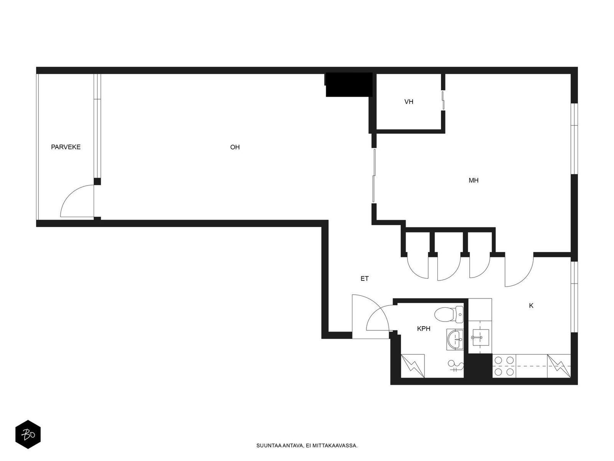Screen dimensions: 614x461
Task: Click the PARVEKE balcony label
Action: click(66, 147)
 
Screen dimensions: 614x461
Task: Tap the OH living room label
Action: click(235, 147)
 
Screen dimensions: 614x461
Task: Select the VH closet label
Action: click(409, 101)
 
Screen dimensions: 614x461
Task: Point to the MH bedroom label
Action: click(474, 180)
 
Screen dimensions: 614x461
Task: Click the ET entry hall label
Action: click(365, 279)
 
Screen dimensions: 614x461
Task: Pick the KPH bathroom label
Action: click(424, 328)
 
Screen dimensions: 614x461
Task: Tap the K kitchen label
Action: click(531, 306)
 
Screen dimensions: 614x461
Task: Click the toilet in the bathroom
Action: click(449, 314)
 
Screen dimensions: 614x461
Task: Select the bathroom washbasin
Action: click(455, 340)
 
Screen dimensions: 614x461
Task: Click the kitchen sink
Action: click(480, 338)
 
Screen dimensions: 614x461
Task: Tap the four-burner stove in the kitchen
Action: click(504, 366)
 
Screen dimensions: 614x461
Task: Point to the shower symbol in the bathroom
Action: click(456, 366)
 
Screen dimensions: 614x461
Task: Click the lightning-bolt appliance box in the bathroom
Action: click(413, 366)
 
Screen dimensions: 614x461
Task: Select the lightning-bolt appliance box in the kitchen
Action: click(559, 366)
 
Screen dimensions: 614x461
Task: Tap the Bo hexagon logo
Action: click(28, 434)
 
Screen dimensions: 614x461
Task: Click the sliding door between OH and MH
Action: click(374, 175)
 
